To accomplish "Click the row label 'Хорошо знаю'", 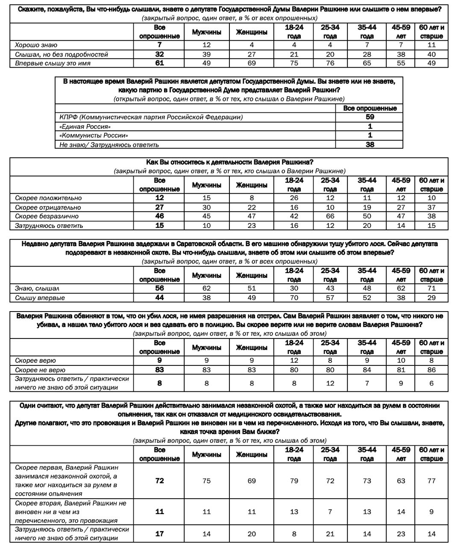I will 36,45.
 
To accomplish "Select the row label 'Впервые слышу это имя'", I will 53,63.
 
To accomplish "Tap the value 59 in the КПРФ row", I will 370,117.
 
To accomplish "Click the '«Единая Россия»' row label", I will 85,126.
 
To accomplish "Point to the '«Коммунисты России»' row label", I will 94,135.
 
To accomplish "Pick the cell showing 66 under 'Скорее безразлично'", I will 330,216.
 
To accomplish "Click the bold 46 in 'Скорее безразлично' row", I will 159,216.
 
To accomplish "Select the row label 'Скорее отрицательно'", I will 48,207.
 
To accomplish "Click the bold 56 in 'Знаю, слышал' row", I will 159,288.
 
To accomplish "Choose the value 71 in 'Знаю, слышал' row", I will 432,288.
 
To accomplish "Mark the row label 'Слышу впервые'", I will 40,298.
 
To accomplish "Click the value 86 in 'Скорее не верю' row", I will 432,370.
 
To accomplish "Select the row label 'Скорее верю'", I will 35,361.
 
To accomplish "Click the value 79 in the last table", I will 294,481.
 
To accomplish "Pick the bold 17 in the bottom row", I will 159,534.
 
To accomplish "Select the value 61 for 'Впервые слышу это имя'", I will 159,63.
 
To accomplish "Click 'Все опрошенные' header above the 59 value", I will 370,108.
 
